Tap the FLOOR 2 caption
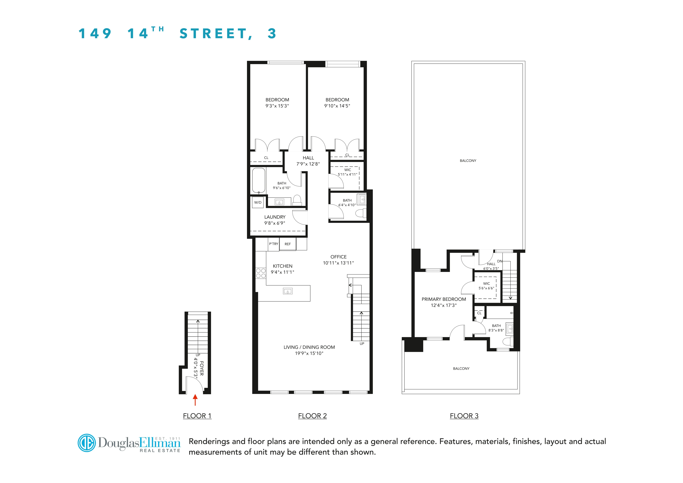coord(312,416)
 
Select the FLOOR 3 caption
coord(464,416)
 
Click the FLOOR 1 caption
coord(197,416)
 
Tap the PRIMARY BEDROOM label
coord(444,299)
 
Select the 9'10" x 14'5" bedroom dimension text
coord(337,106)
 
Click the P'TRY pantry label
coord(273,244)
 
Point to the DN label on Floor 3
coord(499,261)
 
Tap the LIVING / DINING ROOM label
coord(309,347)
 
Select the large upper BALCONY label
coord(468,161)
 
